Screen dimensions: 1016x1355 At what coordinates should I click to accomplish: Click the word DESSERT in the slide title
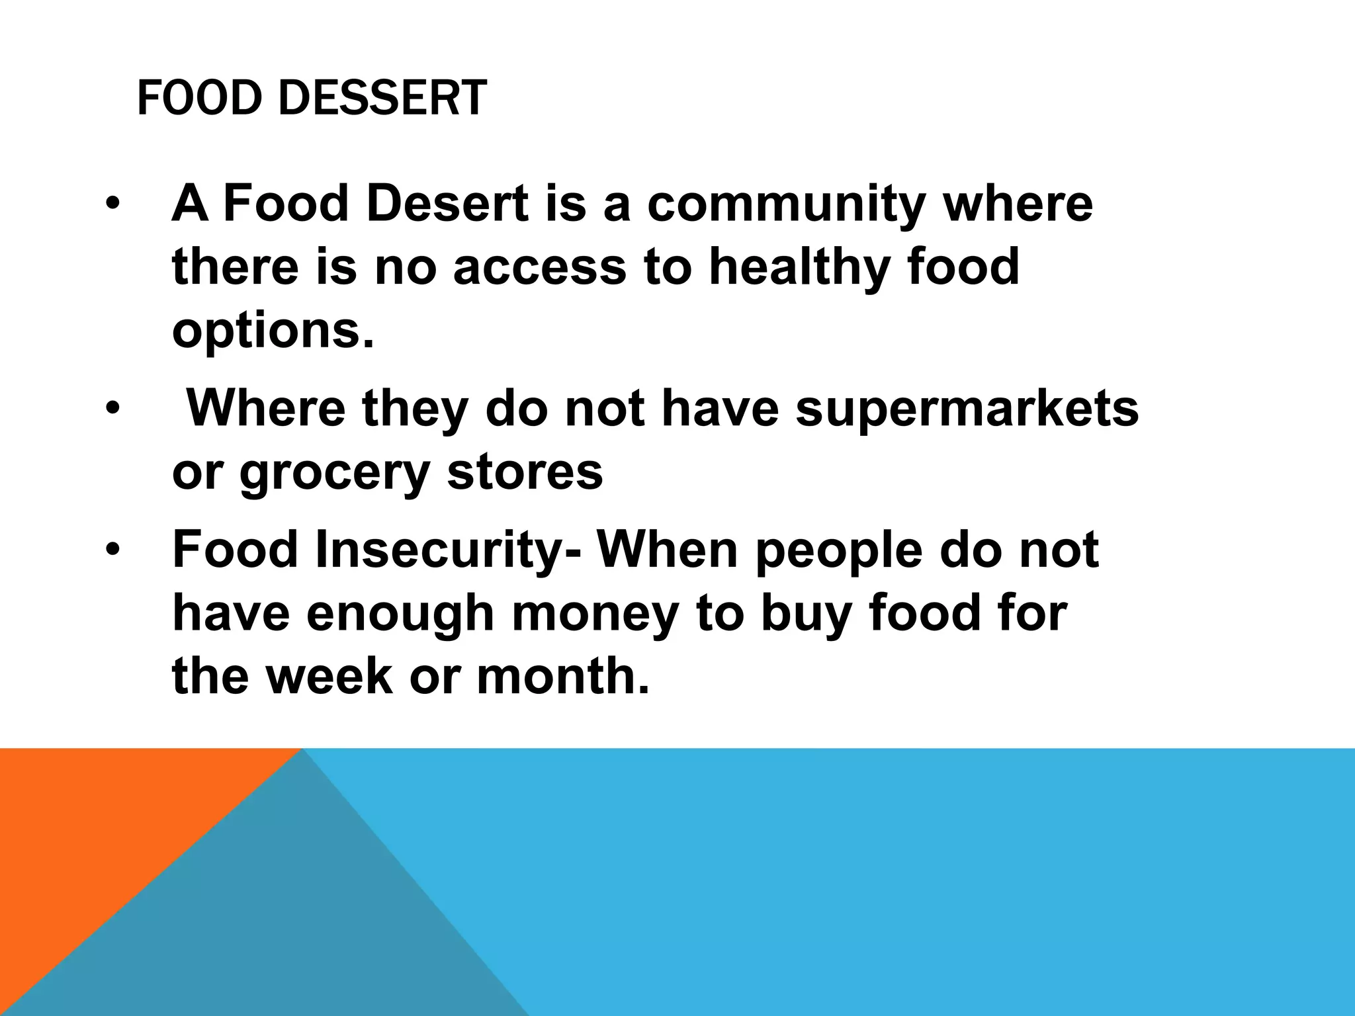click(x=382, y=99)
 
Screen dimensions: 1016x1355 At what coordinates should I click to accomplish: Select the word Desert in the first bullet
click(x=447, y=204)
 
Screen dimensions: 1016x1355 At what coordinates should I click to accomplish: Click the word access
click(x=539, y=269)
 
